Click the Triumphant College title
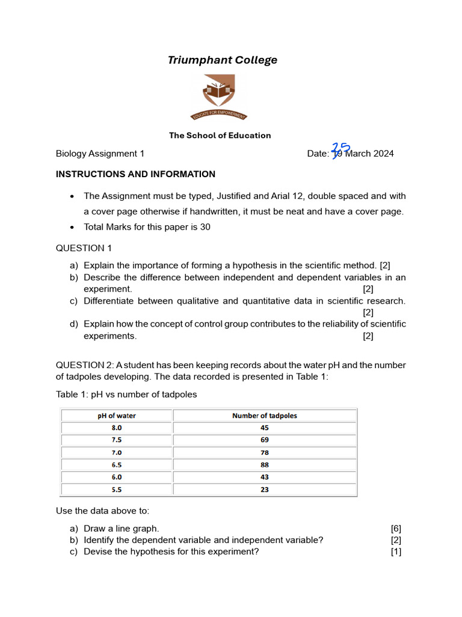click(223, 60)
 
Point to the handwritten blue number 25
click(341, 149)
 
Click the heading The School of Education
click(220, 136)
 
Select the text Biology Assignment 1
click(100, 154)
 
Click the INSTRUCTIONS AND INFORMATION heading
click(135, 174)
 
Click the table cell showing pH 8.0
click(117, 428)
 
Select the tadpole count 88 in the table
click(265, 465)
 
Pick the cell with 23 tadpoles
click(265, 490)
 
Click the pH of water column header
click(117, 416)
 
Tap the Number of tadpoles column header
click(265, 416)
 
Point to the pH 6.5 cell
click(117, 465)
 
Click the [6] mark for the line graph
click(396, 528)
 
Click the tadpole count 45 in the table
click(265, 428)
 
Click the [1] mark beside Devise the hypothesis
click(396, 552)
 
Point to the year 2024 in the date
click(383, 154)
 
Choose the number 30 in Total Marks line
click(205, 228)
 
